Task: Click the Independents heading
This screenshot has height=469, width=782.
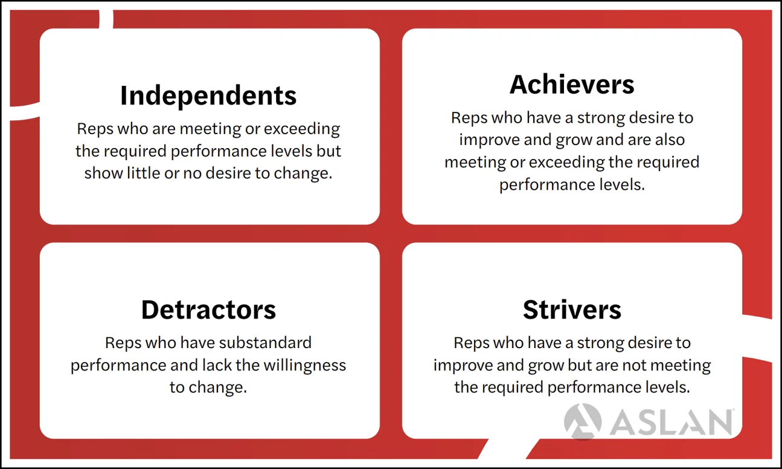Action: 208,96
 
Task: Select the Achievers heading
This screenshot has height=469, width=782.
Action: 572,85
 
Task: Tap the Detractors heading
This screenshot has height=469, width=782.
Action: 208,309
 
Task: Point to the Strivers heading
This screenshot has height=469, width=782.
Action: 572,309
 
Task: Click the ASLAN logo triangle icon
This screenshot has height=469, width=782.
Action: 582,421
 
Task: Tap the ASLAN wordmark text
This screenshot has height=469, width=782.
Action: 670,422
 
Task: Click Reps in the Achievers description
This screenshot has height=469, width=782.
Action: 469,117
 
